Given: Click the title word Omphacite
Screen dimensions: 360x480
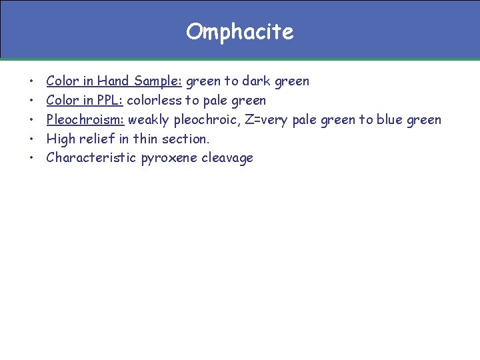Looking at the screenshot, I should click(239, 31).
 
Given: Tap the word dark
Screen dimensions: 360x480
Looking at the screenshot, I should click(257, 81).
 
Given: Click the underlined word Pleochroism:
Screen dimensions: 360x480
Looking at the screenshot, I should click(85, 120).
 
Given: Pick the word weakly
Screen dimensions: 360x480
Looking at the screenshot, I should click(149, 120).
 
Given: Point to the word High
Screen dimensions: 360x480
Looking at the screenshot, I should click(61, 139).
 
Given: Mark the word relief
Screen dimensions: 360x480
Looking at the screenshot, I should click(97, 139).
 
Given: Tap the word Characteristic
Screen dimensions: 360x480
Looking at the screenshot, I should click(92, 158).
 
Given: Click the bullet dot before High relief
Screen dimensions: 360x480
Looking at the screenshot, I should click(32, 139).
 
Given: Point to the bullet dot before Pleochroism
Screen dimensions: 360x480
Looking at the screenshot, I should click(32, 121).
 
